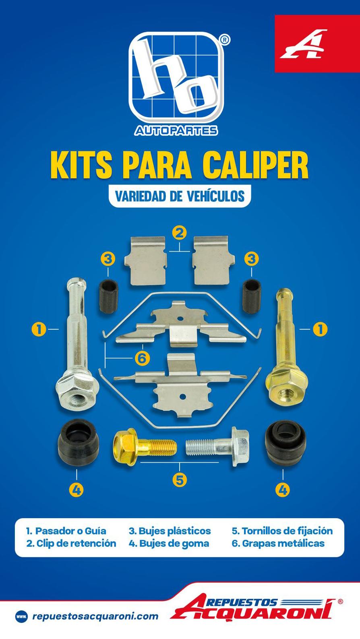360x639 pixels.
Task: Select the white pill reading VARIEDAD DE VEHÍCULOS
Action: [180, 196]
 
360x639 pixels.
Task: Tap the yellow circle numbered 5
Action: [180, 480]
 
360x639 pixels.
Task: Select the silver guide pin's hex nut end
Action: [77, 392]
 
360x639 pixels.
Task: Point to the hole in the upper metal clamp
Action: [179, 318]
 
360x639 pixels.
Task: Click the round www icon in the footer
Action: [21, 616]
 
